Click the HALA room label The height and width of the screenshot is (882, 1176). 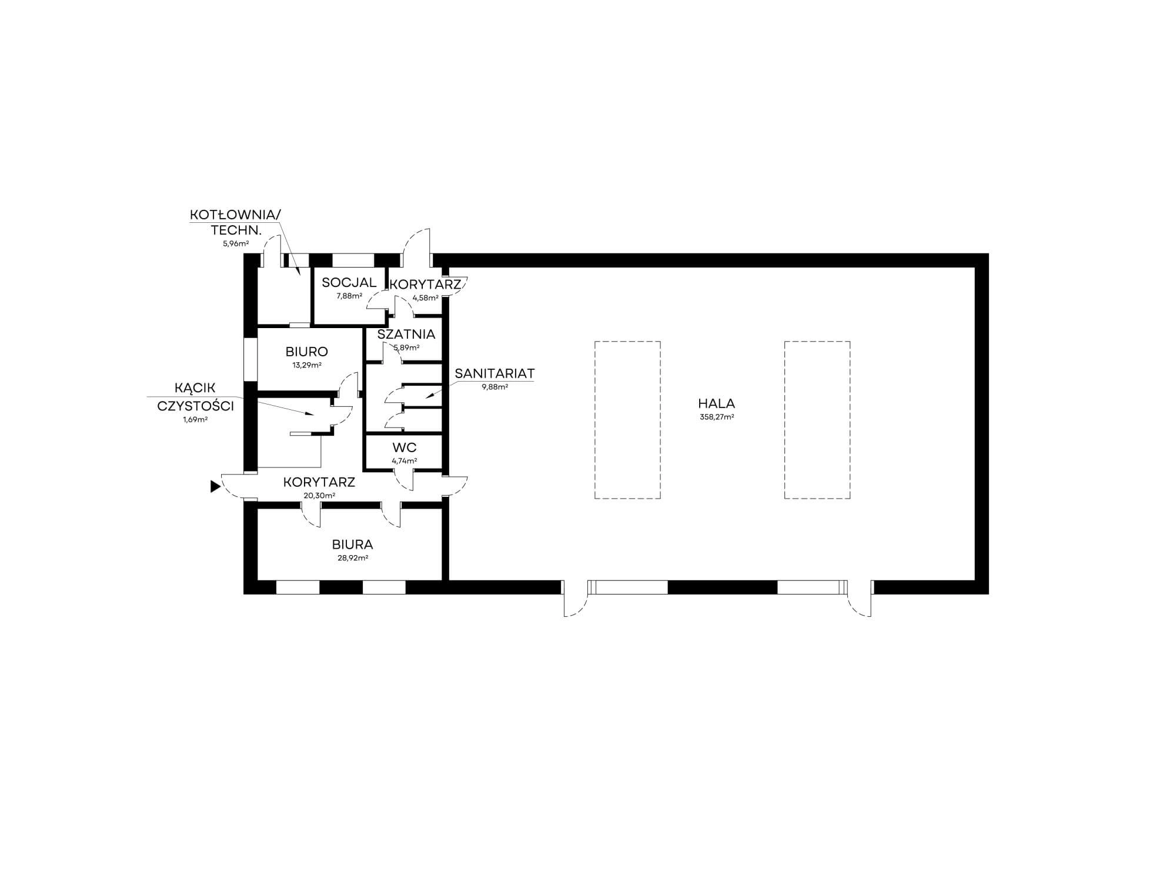(x=716, y=404)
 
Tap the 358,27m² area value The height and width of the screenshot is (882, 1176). (x=716, y=417)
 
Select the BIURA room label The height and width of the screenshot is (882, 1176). (x=352, y=545)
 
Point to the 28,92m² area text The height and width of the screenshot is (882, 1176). (x=352, y=558)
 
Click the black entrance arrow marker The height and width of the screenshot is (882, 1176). (x=216, y=486)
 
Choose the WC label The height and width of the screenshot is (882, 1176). (x=405, y=448)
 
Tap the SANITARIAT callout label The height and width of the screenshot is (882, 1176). (x=495, y=373)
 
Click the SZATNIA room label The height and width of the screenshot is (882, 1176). (x=406, y=335)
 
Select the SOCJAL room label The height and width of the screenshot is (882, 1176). (x=349, y=283)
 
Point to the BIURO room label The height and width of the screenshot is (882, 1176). (x=307, y=352)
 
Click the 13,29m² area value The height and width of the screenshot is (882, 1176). (x=307, y=365)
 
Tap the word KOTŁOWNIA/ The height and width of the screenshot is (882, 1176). (x=235, y=215)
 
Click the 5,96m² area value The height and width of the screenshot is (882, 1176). (x=235, y=243)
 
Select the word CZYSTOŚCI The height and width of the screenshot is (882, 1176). (x=196, y=406)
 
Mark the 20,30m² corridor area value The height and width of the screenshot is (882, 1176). (x=319, y=496)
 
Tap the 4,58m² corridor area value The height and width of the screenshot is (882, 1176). (x=426, y=298)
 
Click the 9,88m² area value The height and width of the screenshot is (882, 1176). (x=495, y=387)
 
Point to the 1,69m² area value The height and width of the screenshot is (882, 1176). (x=196, y=420)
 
